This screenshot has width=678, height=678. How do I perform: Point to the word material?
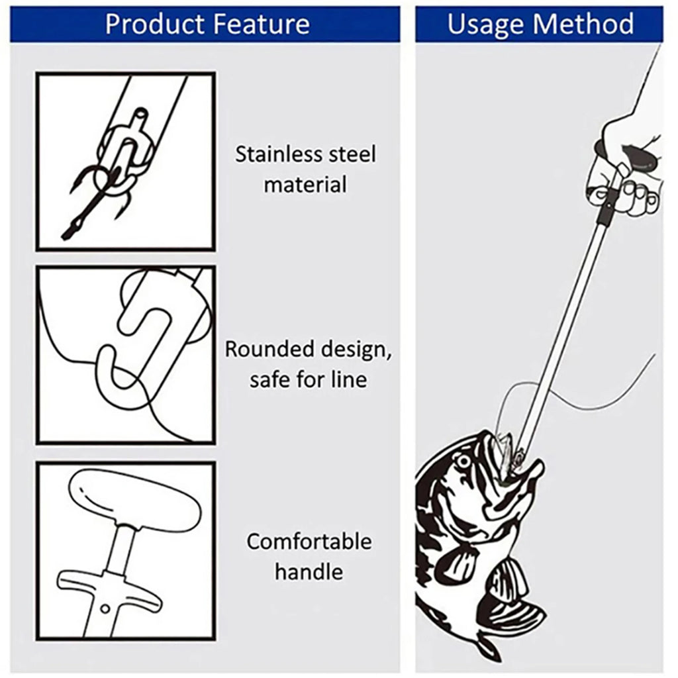[305, 184]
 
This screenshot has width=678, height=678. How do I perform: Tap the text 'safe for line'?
[308, 379]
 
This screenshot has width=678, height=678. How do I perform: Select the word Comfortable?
[309, 542]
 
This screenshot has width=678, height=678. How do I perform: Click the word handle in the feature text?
[309, 571]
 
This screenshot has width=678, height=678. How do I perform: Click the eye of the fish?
[464, 460]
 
